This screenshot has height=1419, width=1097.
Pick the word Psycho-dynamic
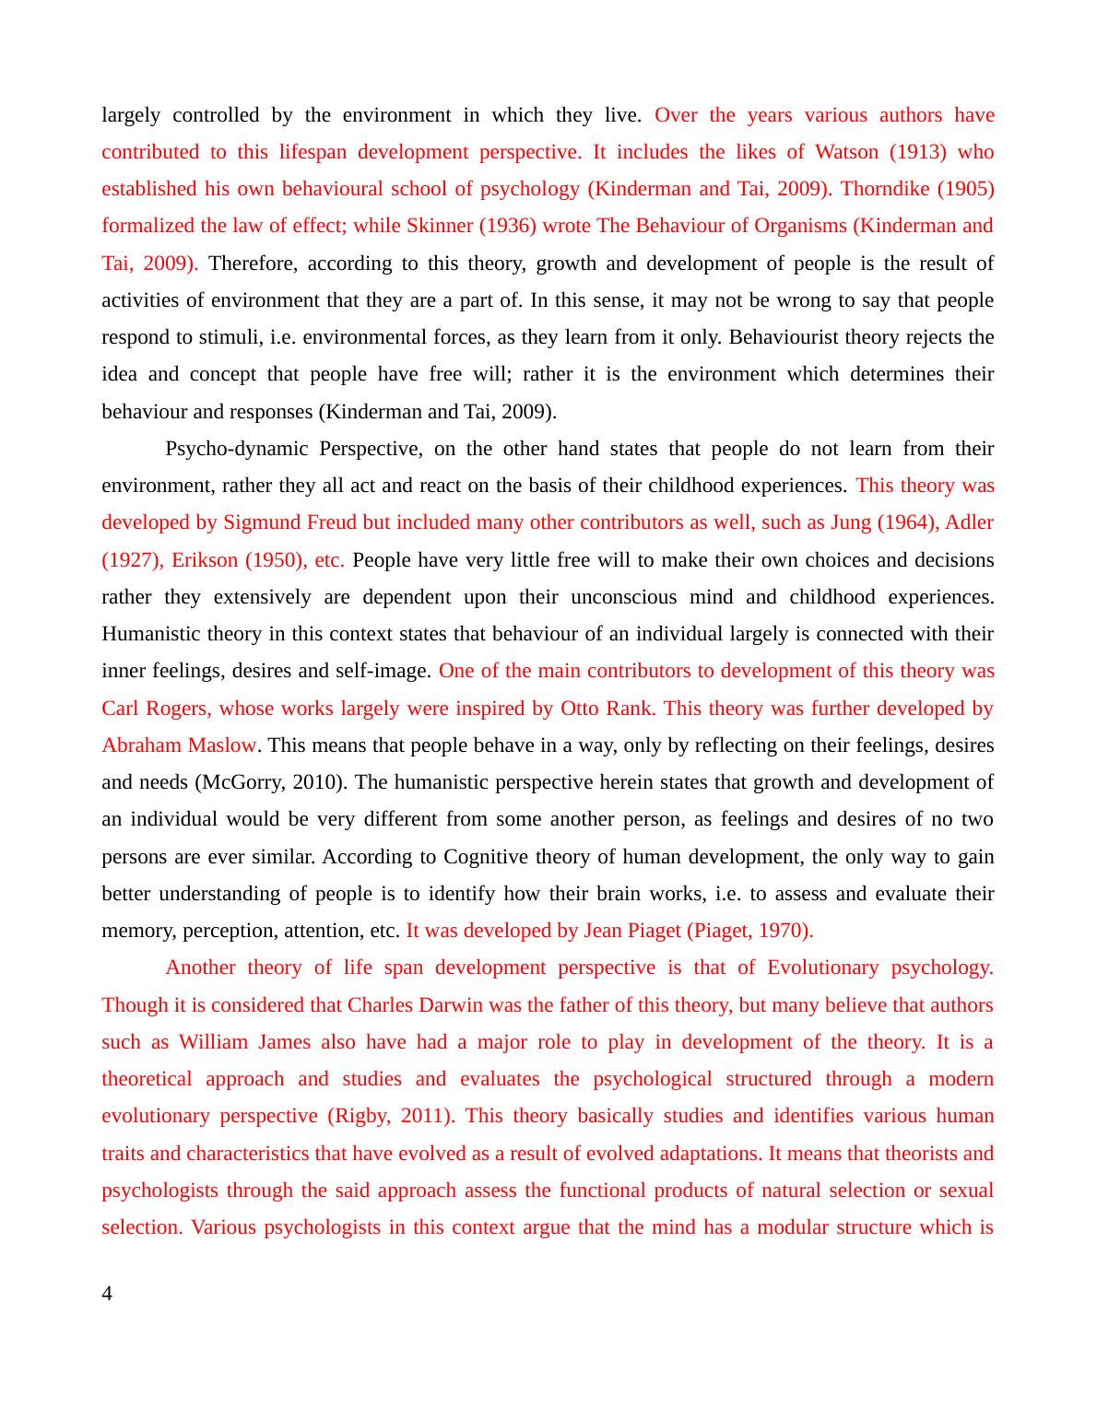(x=236, y=449)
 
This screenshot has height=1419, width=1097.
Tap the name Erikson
(x=204, y=560)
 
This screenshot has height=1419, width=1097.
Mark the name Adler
(x=970, y=522)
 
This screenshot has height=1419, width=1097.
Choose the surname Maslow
(x=222, y=745)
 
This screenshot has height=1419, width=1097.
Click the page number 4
(x=107, y=1295)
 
